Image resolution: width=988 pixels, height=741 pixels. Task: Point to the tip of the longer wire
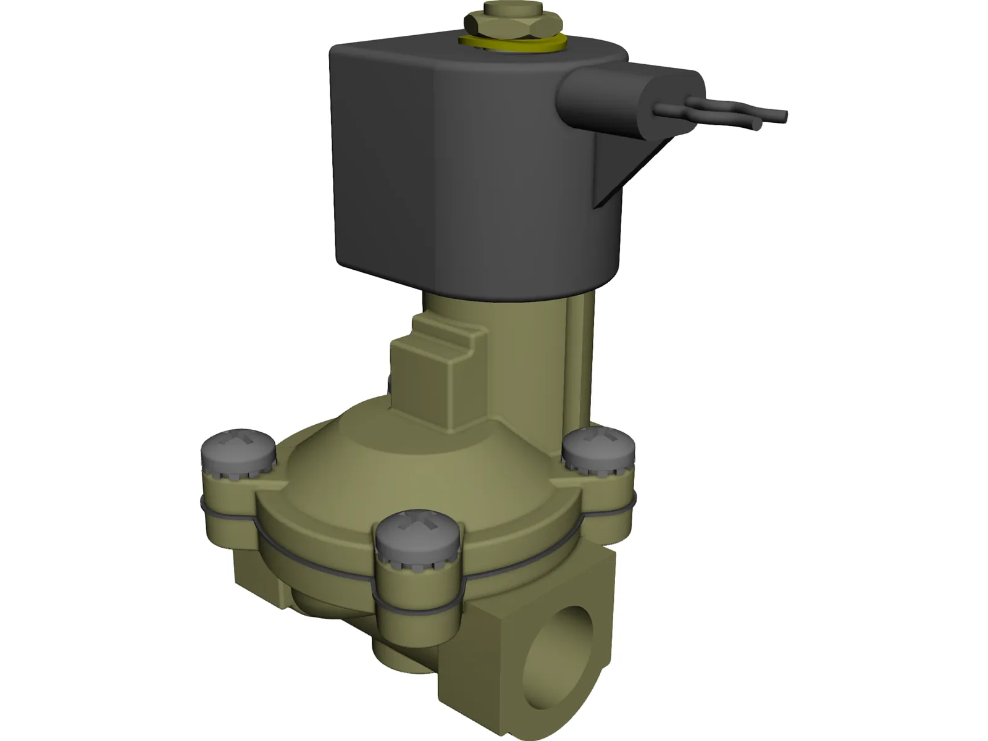click(783, 115)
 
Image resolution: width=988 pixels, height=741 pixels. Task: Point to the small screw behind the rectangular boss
click(389, 386)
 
